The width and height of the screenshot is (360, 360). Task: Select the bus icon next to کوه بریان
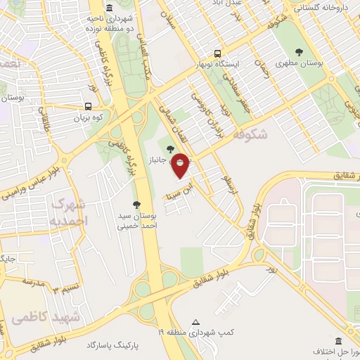pyautogui.click(x=88, y=106)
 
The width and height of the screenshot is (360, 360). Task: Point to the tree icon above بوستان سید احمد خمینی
pyautogui.click(x=126, y=203)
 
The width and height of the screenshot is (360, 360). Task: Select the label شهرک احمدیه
pyautogui.click(x=69, y=212)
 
